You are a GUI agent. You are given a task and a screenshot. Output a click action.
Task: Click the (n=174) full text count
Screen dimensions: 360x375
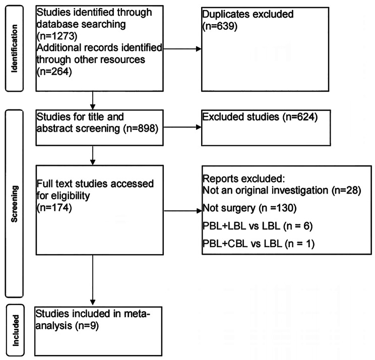pos(53,206)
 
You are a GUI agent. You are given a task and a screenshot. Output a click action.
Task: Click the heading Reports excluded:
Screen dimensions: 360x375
pos(236,178)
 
